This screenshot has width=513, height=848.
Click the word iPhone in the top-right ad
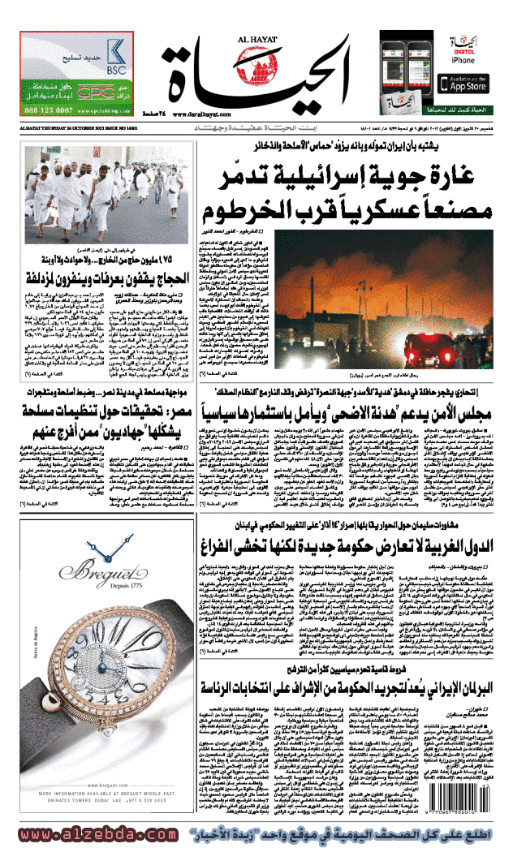point(463,61)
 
